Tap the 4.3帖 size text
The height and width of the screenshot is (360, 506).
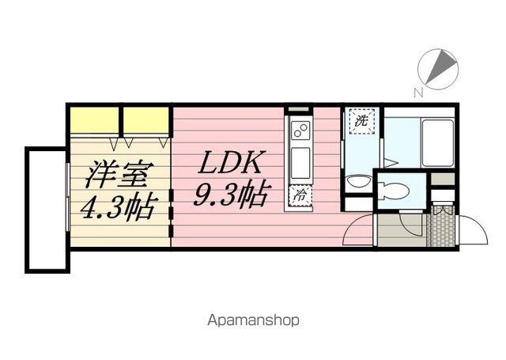point(119,207)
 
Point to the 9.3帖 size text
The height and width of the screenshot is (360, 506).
point(230,194)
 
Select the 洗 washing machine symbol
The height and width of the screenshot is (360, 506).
point(362,121)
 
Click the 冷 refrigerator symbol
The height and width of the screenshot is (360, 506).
point(300,195)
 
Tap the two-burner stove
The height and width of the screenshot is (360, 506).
point(300,130)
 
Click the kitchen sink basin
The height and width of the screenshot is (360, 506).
point(300,163)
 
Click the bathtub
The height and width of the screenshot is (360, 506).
point(437,142)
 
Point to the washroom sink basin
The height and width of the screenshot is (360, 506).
point(359,181)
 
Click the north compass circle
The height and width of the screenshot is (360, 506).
point(438,69)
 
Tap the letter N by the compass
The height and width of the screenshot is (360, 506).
point(418,93)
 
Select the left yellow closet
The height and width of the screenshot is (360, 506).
point(94,119)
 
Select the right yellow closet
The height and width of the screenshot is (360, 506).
point(145,119)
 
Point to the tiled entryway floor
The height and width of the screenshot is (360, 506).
point(440,225)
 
